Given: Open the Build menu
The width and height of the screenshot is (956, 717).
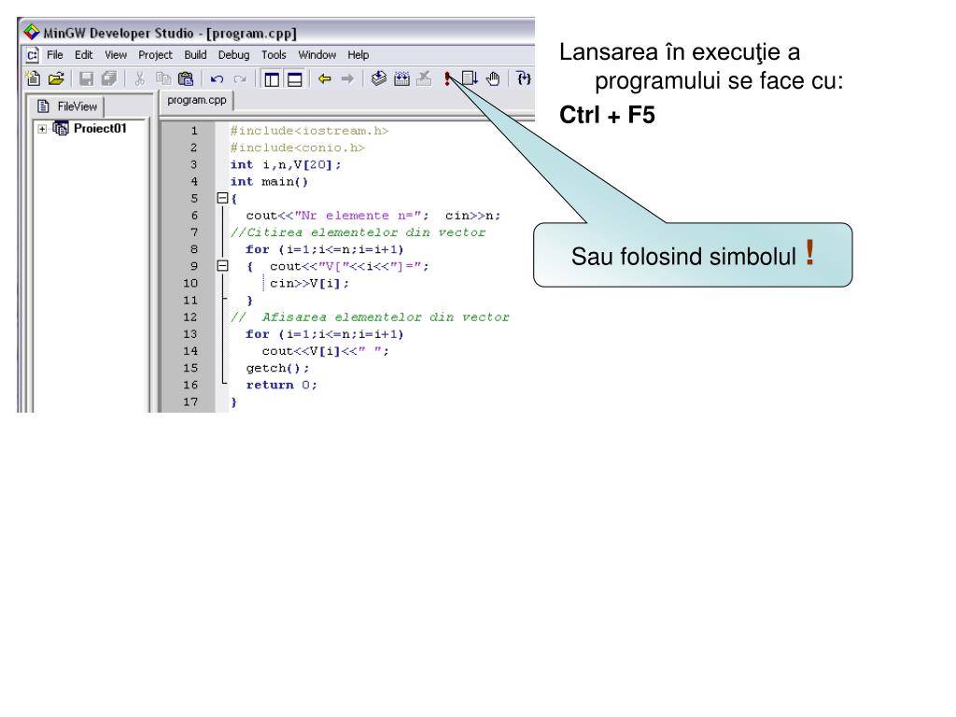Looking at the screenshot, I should (195, 55).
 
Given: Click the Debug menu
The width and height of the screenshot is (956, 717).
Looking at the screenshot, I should (233, 55).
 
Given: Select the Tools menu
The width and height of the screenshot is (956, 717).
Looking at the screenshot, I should (274, 55).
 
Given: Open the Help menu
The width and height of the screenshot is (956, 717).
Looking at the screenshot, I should (358, 55).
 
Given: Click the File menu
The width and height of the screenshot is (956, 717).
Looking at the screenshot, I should (56, 55).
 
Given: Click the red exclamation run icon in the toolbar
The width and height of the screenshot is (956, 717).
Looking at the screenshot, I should (448, 79).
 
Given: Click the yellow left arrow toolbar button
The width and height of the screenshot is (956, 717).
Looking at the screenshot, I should (324, 79).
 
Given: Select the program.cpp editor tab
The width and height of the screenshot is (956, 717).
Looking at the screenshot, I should (197, 99).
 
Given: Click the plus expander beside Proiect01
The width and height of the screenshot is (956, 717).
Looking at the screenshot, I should (43, 129).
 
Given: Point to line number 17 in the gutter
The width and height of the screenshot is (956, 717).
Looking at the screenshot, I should (194, 401).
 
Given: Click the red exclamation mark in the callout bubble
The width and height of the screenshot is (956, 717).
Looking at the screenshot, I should (809, 252).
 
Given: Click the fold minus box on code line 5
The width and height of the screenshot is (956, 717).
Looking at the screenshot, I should (222, 198).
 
